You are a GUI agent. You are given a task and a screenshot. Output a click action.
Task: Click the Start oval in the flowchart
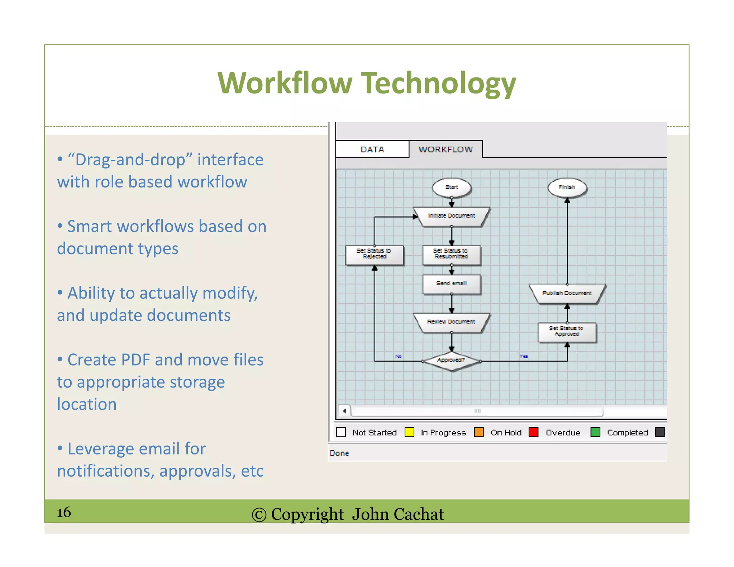451,187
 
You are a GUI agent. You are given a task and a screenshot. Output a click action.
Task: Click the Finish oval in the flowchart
567,187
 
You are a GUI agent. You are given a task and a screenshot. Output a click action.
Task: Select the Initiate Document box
451,216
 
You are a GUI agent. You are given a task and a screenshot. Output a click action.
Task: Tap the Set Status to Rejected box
374,254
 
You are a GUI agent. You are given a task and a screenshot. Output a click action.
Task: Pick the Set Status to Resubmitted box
451,254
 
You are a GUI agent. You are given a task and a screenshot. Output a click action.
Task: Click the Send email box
451,284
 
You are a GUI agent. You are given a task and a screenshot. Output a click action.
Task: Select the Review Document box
451,322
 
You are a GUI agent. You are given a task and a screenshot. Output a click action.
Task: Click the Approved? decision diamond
451,361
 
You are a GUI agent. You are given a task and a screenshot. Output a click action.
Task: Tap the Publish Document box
567,294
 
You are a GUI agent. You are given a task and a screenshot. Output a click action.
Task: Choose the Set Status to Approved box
567,332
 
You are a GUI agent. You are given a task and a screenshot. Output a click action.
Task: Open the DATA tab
372,149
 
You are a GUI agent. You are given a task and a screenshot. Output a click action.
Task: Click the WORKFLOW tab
445,149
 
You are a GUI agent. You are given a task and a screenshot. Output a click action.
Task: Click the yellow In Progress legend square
409,432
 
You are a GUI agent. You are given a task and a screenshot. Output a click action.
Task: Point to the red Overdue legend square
533,432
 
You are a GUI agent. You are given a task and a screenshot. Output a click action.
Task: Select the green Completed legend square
595,432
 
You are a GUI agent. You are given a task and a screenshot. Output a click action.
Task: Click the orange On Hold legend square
478,432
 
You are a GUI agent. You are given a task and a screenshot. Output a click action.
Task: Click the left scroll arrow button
344,411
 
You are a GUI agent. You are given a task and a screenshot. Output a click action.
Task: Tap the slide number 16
64,512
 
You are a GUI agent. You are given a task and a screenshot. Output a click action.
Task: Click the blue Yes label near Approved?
524,356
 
